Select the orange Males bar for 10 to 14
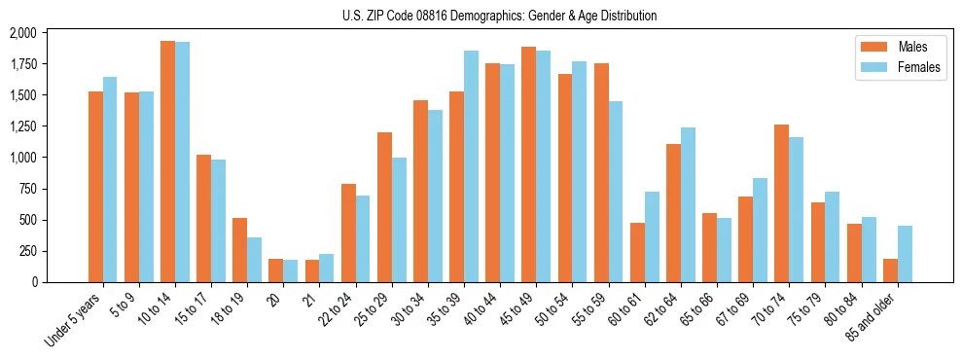click(167, 162)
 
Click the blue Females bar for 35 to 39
click(471, 166)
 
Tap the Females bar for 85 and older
click(905, 254)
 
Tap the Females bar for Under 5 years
click(110, 179)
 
